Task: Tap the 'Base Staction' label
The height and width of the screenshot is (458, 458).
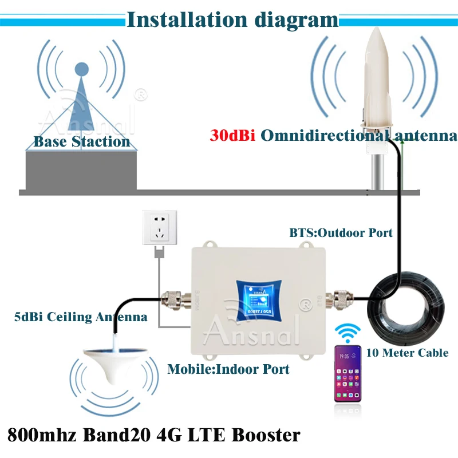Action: coord(81,141)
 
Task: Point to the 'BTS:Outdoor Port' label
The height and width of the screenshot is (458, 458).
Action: coord(341,232)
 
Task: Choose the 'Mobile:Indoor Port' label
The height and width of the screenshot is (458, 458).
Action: coord(228,369)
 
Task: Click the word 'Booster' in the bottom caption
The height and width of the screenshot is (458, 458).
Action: coord(265,435)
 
